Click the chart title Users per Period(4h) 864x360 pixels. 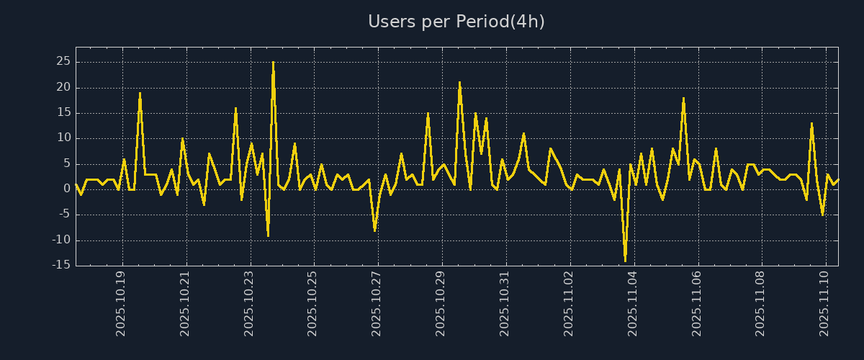[456, 22]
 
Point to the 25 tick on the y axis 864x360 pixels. [63, 62]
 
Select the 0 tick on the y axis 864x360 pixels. [66, 189]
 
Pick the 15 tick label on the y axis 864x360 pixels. [63, 113]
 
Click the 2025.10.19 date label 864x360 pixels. [122, 303]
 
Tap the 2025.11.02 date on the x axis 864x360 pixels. [569, 303]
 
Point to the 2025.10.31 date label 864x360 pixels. [505, 303]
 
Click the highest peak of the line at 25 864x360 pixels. [273, 63]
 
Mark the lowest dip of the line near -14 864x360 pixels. [625, 260]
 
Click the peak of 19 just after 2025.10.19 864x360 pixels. [140, 93]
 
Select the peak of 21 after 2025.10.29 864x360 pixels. [459, 83]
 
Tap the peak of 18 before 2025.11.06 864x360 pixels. [683, 98]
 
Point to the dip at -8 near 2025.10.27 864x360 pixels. [374, 230]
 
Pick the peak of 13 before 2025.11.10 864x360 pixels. [811, 123]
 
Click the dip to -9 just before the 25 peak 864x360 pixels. [268, 235]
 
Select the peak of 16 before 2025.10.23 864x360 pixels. [235, 108]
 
